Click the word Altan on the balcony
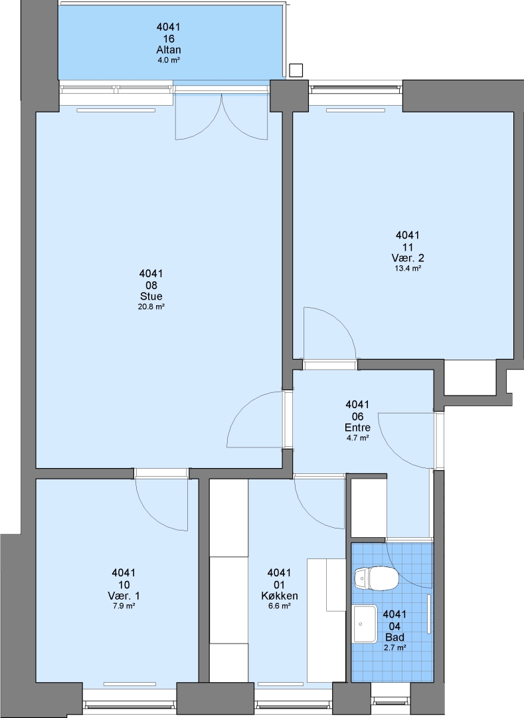point(168,50)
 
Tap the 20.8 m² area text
point(151,306)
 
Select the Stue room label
point(151,297)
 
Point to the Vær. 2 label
point(407,258)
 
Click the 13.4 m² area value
point(407,269)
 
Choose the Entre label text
point(357,427)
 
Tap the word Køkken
point(279,596)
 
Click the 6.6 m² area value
point(279,606)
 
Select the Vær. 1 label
point(124,596)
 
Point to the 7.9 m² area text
point(124,606)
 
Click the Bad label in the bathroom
point(394,637)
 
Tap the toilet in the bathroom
point(376,578)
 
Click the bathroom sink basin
point(365,624)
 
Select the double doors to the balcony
point(221,116)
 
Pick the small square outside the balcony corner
point(296,70)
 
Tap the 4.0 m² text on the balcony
point(168,60)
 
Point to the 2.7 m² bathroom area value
point(394,648)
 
